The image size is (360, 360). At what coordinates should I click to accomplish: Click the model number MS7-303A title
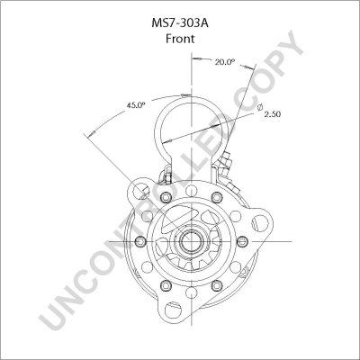click(x=180, y=23)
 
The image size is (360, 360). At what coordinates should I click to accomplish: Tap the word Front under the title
click(x=180, y=39)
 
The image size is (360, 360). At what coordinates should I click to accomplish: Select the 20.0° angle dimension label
click(x=224, y=62)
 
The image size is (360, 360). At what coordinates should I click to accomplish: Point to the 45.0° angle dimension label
click(x=135, y=105)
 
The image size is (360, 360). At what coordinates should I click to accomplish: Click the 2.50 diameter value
click(x=273, y=114)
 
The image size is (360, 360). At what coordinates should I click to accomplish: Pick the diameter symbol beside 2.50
click(x=260, y=107)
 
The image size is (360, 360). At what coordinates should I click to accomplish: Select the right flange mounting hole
click(x=260, y=222)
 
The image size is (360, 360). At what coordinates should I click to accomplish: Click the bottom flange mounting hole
click(x=173, y=310)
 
